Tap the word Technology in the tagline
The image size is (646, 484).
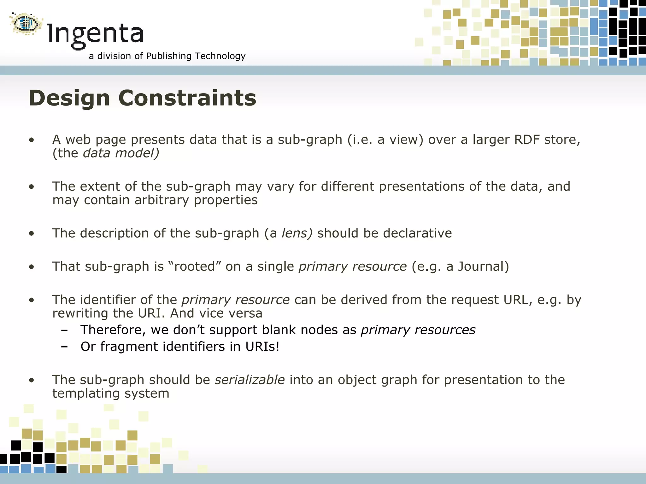[x=220, y=56]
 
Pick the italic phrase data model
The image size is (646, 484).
[x=121, y=153]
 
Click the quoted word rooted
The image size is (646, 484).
[x=194, y=267]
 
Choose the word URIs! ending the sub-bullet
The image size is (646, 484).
[x=262, y=347]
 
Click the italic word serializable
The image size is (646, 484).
[x=250, y=380]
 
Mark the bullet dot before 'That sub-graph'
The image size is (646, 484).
[x=31, y=267]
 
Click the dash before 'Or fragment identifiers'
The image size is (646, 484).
[x=65, y=347]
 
